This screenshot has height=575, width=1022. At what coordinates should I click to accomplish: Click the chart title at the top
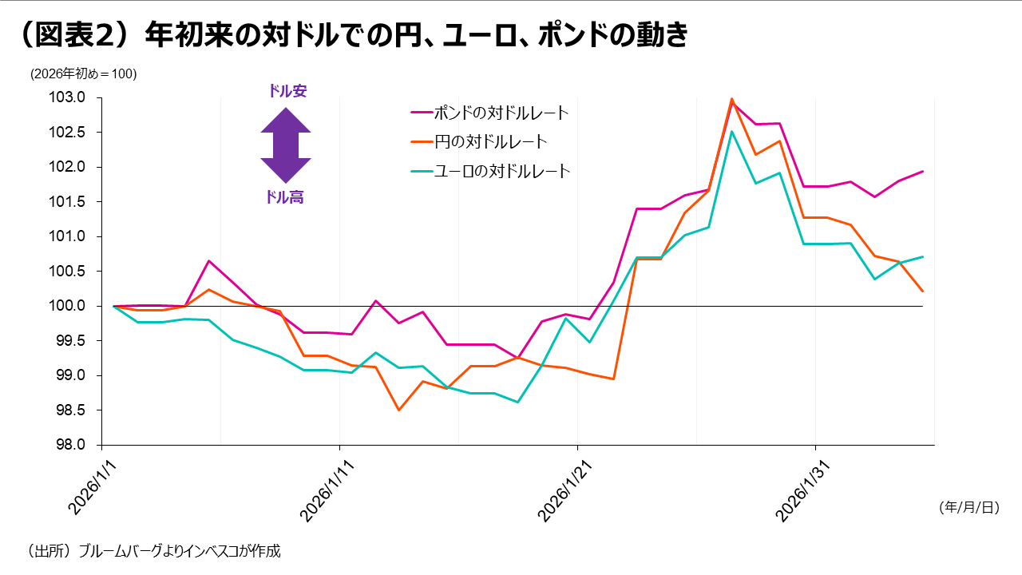point(351,36)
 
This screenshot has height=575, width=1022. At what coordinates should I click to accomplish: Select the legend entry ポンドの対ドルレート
point(501,113)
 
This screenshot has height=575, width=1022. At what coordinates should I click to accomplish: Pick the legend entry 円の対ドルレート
point(490,142)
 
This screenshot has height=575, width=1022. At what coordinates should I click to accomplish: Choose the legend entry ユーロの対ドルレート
point(501,171)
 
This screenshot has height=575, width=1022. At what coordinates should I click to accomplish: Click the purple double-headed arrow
point(285,145)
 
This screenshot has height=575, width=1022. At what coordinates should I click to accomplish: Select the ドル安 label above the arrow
point(287,92)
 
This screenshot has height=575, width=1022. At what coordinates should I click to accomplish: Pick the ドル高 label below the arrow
point(284,197)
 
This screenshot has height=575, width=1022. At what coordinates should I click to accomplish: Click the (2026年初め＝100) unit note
point(84,74)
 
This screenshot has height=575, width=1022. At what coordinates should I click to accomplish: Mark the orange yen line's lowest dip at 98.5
point(398,410)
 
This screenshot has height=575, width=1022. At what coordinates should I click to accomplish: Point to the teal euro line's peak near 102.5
point(731,132)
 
